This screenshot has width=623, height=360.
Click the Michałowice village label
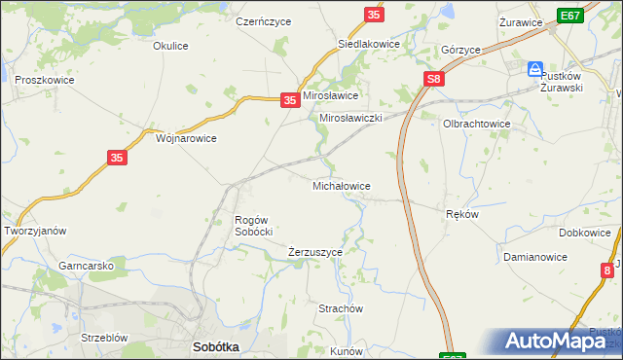pos(340,185)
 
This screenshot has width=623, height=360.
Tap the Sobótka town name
pos(216,346)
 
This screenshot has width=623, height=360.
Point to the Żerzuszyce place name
pos(315,252)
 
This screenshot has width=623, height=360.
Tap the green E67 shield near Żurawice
pos(571,16)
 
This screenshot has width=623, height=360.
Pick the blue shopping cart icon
pos(534,69)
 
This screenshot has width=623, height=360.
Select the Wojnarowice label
pos(186,138)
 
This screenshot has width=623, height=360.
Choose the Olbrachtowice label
pos(477,125)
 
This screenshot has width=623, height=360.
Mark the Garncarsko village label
pos(87,266)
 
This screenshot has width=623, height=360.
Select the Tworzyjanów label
pos(35,231)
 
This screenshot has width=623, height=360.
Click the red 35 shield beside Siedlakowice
pos(375,15)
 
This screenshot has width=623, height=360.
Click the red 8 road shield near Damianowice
pos(607,270)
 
